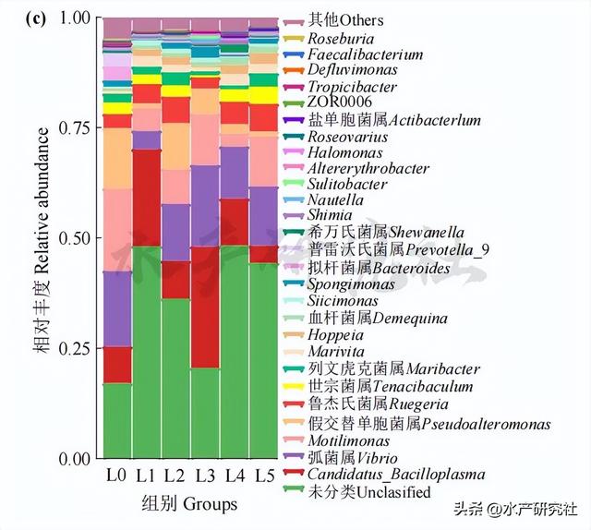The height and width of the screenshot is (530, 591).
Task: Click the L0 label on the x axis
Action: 115,476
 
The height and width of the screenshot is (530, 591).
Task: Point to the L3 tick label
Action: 204,476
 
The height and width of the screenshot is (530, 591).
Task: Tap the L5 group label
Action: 263,476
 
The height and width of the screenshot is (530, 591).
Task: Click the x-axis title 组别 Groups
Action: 189,504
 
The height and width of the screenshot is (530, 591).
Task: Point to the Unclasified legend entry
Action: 369,492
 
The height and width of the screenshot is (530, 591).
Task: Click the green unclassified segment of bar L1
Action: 146,351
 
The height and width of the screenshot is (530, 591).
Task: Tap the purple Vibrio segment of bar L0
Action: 116,309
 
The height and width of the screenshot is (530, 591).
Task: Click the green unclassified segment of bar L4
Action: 235,360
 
